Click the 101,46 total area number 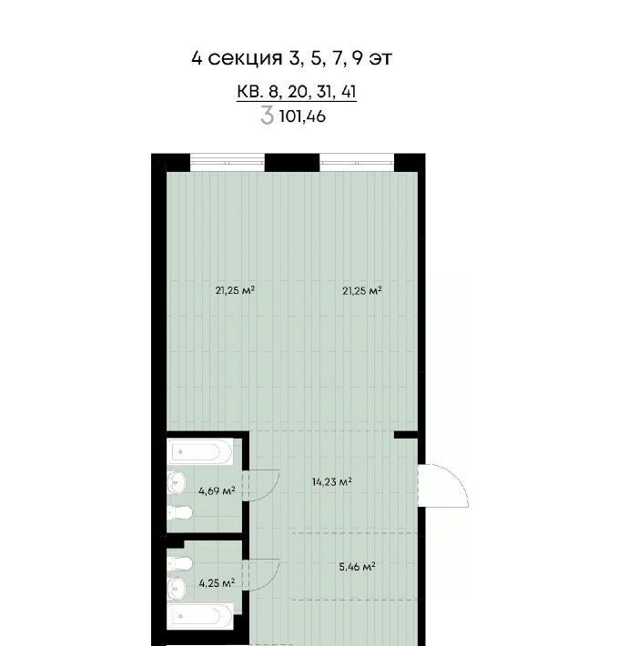[302, 116]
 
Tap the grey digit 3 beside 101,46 [267, 116]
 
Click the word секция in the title [245, 58]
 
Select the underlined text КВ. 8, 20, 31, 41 [297, 92]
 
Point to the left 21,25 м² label [235, 290]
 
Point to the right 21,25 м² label [361, 291]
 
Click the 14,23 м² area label [331, 481]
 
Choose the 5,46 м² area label [357, 567]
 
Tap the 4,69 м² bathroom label [217, 491]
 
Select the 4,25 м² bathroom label [217, 583]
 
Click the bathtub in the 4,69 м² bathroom [200, 452]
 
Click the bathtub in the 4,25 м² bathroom [200, 616]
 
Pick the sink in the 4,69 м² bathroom [176, 482]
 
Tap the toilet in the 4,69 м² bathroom [179, 513]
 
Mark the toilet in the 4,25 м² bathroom [179, 563]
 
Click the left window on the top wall [227, 162]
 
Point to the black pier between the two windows [292, 162]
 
